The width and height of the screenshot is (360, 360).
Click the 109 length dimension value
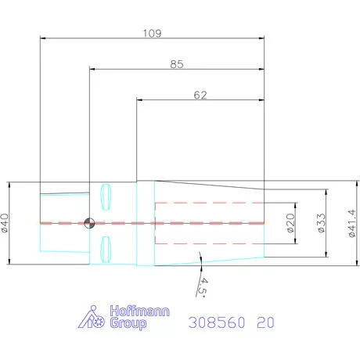153,34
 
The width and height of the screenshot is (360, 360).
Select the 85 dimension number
177,64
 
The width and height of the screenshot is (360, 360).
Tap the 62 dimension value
200,95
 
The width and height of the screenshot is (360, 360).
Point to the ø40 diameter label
5,223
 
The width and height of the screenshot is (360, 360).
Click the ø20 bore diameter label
290,223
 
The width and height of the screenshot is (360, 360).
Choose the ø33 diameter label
322,223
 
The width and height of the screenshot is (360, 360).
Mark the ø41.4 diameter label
351,223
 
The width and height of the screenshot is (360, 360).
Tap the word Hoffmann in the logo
139,311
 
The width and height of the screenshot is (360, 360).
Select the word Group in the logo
128,323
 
